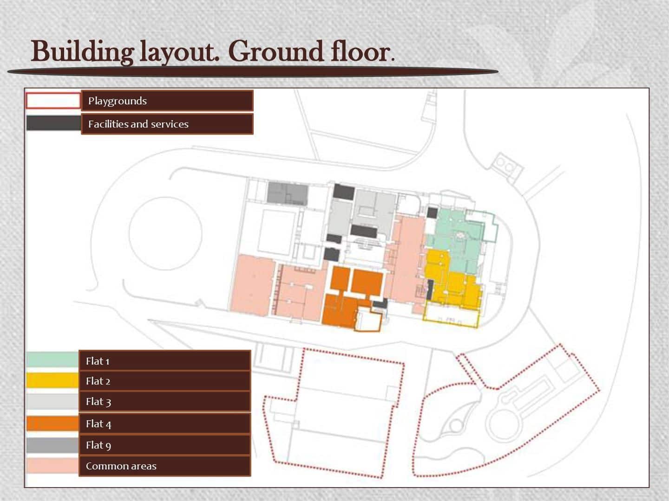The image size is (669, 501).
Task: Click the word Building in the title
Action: pos(82,51)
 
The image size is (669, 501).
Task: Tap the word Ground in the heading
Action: pos(276,51)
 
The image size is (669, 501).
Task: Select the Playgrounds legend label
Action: pos(118,101)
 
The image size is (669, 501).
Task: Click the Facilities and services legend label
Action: pos(138,124)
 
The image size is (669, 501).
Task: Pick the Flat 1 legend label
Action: pos(98,361)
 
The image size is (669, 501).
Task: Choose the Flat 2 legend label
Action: pos(98,381)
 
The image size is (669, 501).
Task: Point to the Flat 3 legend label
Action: pos(98,402)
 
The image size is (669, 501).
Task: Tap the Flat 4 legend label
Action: pos(98,424)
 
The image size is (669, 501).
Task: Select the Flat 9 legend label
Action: pos(98,445)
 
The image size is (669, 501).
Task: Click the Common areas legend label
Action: pos(121,466)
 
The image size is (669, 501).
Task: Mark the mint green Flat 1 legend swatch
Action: pos(52,359)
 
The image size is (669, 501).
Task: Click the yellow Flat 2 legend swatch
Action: pos(52,380)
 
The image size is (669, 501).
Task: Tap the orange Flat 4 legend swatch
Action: pos(52,424)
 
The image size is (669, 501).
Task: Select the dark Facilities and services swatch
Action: pos(53,123)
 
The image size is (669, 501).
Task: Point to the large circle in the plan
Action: pos(165,197)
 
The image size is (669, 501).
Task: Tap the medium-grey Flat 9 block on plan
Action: pos(288,193)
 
